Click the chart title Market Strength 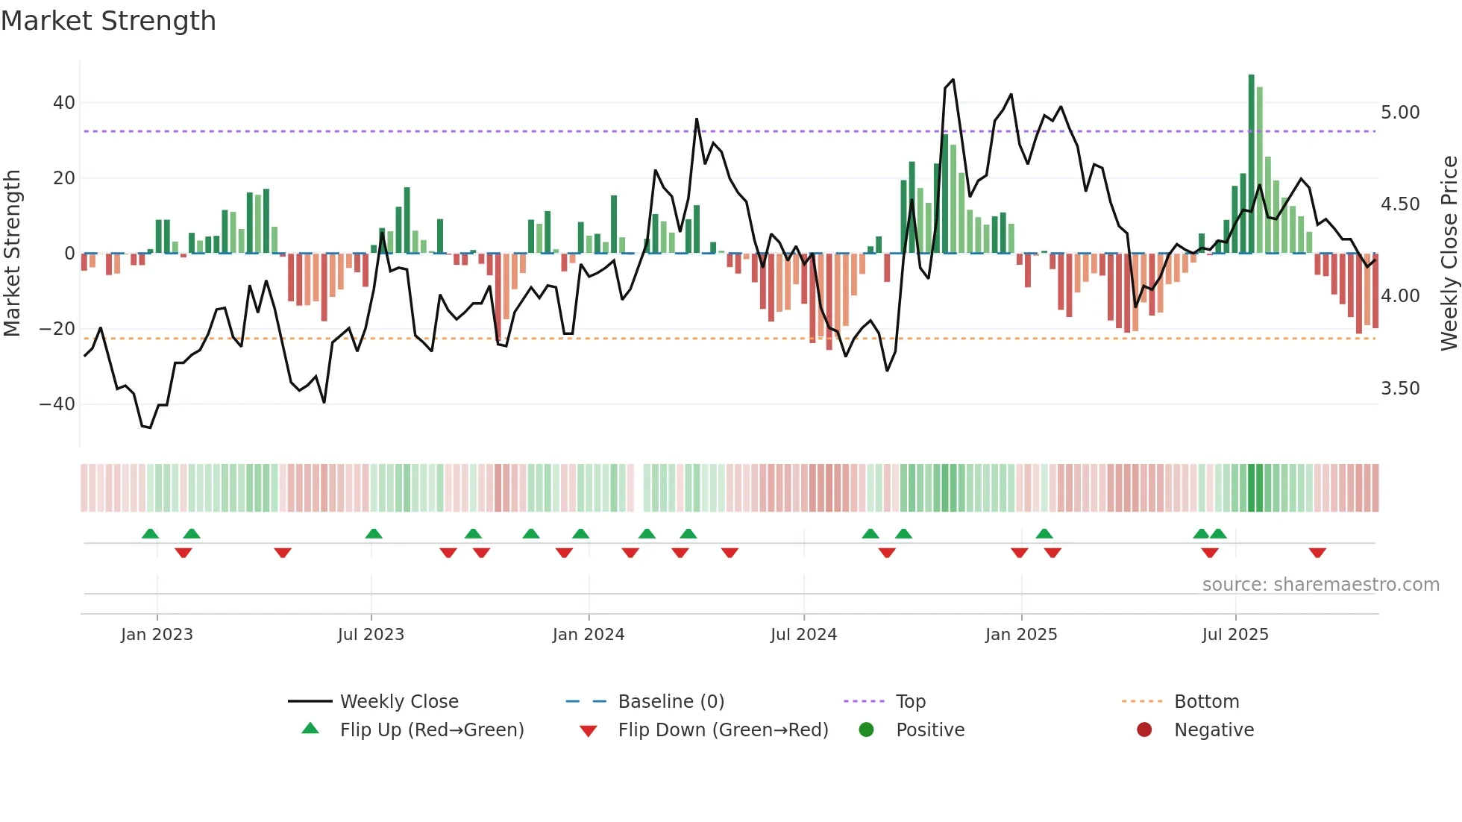coord(108,21)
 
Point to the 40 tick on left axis coord(64,103)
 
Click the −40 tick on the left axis coord(57,404)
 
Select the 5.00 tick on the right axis coord(1400,113)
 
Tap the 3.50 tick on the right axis coord(1400,389)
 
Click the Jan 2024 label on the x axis coord(588,635)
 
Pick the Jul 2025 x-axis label coord(1234,635)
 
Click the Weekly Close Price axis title coord(1449,254)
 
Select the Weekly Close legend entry coord(399,702)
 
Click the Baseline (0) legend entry coord(671,702)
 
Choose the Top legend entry coord(910,702)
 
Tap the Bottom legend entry coord(1206,702)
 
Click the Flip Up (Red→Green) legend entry coord(432,730)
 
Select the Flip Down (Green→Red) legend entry coord(723,730)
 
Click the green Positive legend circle coord(866,730)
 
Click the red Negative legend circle coord(1144,730)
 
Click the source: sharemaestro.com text coord(1320,585)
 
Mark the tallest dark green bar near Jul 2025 coord(1251,164)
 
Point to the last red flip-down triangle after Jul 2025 coord(1317,553)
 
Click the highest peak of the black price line coord(953,81)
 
